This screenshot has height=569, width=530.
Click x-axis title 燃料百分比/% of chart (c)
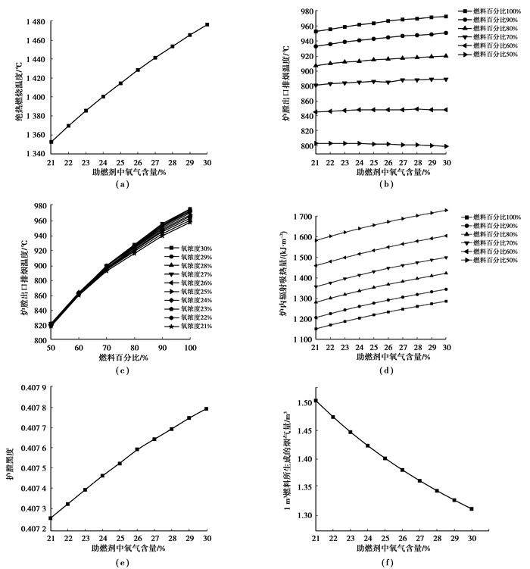[x=123, y=357]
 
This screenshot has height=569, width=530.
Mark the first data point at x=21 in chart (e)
[x=51, y=518]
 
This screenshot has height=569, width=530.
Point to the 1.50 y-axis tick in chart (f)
[x=303, y=402]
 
